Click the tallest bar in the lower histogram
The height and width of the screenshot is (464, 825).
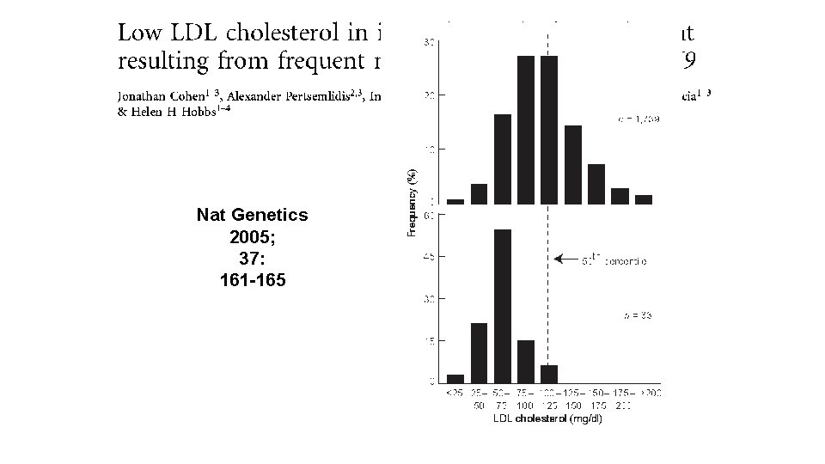point(503,305)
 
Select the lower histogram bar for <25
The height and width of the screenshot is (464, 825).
point(455,378)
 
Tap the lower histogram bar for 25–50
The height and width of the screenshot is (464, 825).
point(480,352)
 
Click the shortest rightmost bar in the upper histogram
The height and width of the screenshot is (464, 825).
point(644,199)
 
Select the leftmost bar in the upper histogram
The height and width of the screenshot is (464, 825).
point(455,202)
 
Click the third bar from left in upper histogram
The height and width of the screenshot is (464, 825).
point(503,159)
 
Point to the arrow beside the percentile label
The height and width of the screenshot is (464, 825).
point(568,258)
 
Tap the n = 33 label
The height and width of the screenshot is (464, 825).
point(637,316)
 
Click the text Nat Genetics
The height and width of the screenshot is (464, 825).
point(252,215)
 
